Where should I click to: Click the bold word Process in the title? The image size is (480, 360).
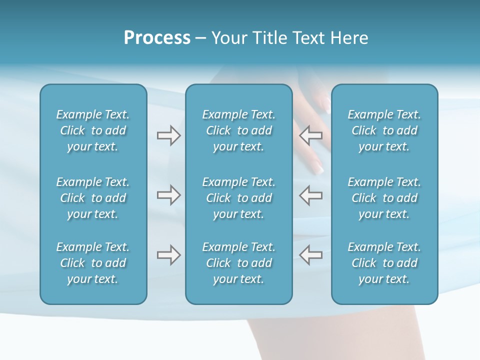coord(157,38)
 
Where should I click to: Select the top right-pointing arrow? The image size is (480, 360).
coord(168,135)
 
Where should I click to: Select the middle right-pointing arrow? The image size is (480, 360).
coord(168,195)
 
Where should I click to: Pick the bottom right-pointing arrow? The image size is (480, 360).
coord(168,255)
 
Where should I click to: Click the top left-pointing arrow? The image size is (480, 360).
coord(310,135)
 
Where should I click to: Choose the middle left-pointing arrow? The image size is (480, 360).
coord(310,195)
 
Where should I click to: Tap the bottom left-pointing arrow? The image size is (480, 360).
coord(310,255)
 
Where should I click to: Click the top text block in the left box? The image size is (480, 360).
coord(93,130)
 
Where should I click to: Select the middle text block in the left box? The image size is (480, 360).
coord(93,198)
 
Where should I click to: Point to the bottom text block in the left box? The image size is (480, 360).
coord(93,263)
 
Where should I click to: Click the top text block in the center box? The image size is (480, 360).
coord(238,130)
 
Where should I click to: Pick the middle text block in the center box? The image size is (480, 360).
coord(238,198)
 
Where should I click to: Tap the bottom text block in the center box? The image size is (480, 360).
coord(238,263)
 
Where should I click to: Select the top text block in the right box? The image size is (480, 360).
coord(384,130)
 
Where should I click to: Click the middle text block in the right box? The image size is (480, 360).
coord(384,198)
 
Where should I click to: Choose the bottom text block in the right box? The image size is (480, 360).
coord(384,263)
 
